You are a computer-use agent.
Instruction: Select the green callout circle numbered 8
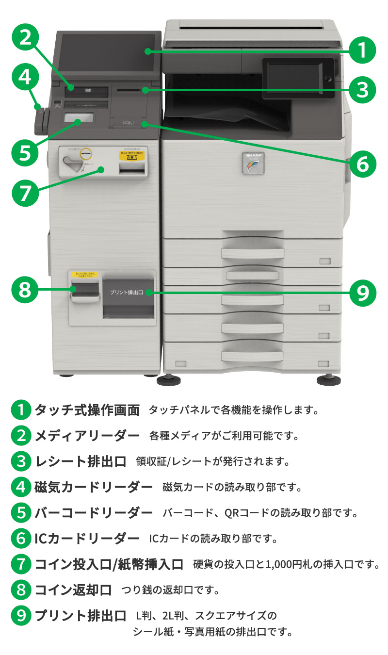coord(25,290)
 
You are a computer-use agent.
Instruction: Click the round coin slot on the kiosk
coord(86,153)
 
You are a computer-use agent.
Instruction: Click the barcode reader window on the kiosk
coord(78,118)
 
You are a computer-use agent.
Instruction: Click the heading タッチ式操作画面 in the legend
coord(87,410)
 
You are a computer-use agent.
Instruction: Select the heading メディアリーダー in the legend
coord(87,436)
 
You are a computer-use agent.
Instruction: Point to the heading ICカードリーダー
coord(87,538)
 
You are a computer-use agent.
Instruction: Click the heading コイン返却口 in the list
coord(73,589)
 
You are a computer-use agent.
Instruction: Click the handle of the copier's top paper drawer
coord(251,252)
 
